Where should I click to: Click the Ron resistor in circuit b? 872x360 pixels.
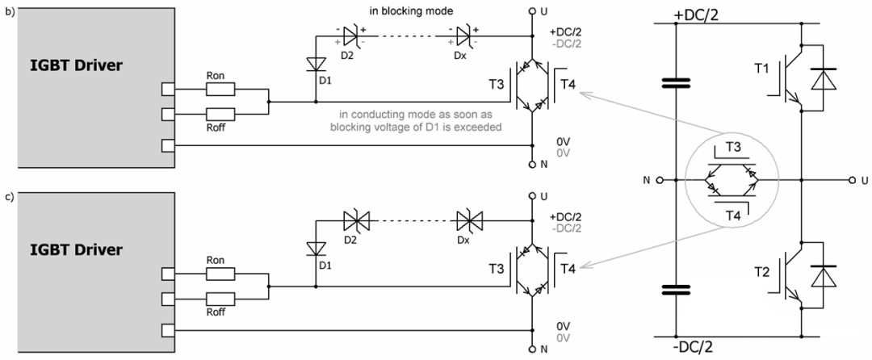pyautogui.click(x=220, y=89)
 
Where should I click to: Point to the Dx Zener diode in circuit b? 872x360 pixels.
pyautogui.click(x=463, y=36)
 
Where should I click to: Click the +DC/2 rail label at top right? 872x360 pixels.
pyautogui.click(x=696, y=15)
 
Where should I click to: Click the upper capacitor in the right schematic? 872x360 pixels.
pyautogui.click(x=676, y=83)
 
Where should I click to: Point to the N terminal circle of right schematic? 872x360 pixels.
pyautogui.click(x=660, y=180)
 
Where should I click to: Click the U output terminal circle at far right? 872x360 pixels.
pyautogui.click(x=852, y=180)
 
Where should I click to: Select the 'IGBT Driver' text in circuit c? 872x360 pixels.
pyautogui.click(x=76, y=249)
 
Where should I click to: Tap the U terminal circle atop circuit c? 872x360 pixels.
pyautogui.click(x=531, y=196)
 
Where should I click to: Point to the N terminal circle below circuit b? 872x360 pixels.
pyautogui.click(x=531, y=165)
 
